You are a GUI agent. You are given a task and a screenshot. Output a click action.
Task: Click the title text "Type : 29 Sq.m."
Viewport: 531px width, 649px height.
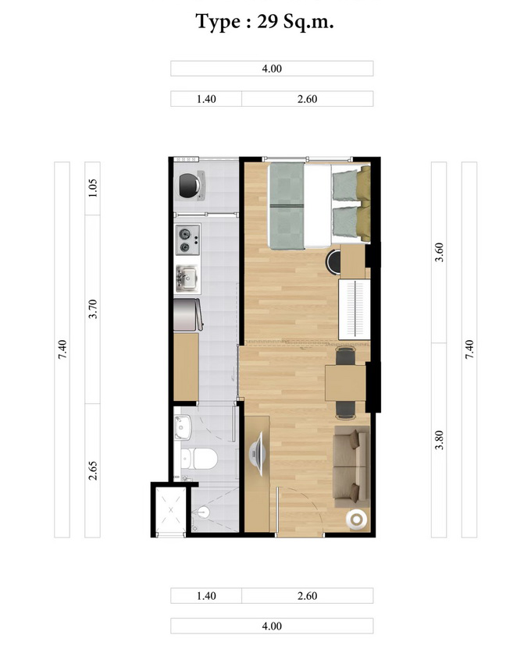(x=265, y=22)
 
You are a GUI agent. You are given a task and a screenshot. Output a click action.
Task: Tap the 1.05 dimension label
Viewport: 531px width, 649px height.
(x=93, y=188)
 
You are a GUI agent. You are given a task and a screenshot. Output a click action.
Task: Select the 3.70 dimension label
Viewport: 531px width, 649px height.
(x=93, y=309)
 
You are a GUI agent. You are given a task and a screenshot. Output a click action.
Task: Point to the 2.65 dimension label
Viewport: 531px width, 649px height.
(x=93, y=470)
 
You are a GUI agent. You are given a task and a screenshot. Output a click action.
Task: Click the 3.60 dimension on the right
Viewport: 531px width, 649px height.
(x=439, y=252)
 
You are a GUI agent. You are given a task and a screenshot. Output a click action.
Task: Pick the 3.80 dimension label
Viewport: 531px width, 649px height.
(x=439, y=440)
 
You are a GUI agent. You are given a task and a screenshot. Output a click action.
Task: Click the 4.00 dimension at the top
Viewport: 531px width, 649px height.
(x=272, y=69)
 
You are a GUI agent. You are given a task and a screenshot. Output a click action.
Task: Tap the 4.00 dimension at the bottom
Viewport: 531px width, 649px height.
(x=272, y=626)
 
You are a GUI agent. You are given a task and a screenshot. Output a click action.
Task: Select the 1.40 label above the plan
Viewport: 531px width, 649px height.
(x=206, y=99)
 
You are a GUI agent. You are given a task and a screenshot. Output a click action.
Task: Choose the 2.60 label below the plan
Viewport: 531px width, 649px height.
(x=308, y=596)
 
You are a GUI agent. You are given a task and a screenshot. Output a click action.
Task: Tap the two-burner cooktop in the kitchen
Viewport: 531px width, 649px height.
(x=187, y=240)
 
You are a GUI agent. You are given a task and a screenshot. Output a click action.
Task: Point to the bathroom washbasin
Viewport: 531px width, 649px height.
(x=183, y=427)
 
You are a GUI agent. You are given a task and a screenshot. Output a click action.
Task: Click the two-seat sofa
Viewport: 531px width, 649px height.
(x=351, y=466)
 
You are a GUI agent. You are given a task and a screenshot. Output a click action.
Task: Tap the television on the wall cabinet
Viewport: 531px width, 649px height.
(x=257, y=453)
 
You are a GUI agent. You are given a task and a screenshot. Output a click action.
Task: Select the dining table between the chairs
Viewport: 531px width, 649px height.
(x=345, y=383)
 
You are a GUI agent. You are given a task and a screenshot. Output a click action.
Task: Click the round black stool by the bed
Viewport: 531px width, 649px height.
(x=333, y=261)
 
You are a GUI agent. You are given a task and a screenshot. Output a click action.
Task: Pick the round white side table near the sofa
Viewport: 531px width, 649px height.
(x=357, y=519)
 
